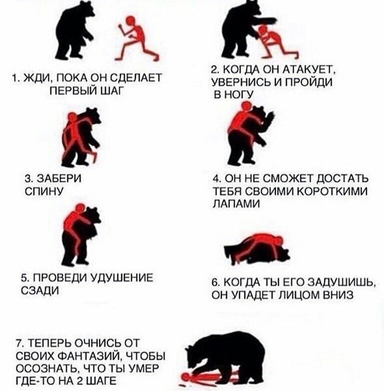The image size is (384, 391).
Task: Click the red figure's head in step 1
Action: (131, 21)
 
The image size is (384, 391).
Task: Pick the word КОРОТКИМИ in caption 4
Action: (333, 191)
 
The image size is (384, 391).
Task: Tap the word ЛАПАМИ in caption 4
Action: (236, 203)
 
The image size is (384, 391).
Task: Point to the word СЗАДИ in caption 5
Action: (40, 290)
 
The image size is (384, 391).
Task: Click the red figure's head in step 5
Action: (80, 208)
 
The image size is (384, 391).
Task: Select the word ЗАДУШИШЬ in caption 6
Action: (341, 283)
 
